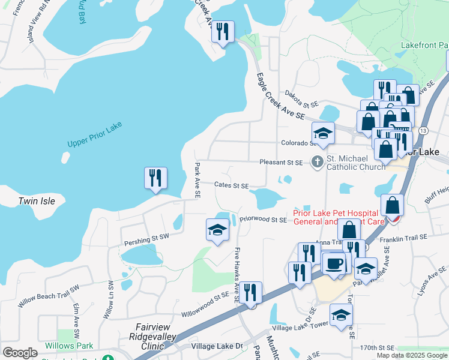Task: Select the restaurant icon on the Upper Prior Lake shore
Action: click(155, 178)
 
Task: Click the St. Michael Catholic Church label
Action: click(355, 163)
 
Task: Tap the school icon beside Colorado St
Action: click(323, 134)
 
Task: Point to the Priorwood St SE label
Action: click(264, 220)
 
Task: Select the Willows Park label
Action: click(68, 346)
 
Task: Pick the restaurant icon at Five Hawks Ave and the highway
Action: click(251, 293)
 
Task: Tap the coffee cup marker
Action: click(334, 262)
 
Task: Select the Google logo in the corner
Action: click(20, 353)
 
